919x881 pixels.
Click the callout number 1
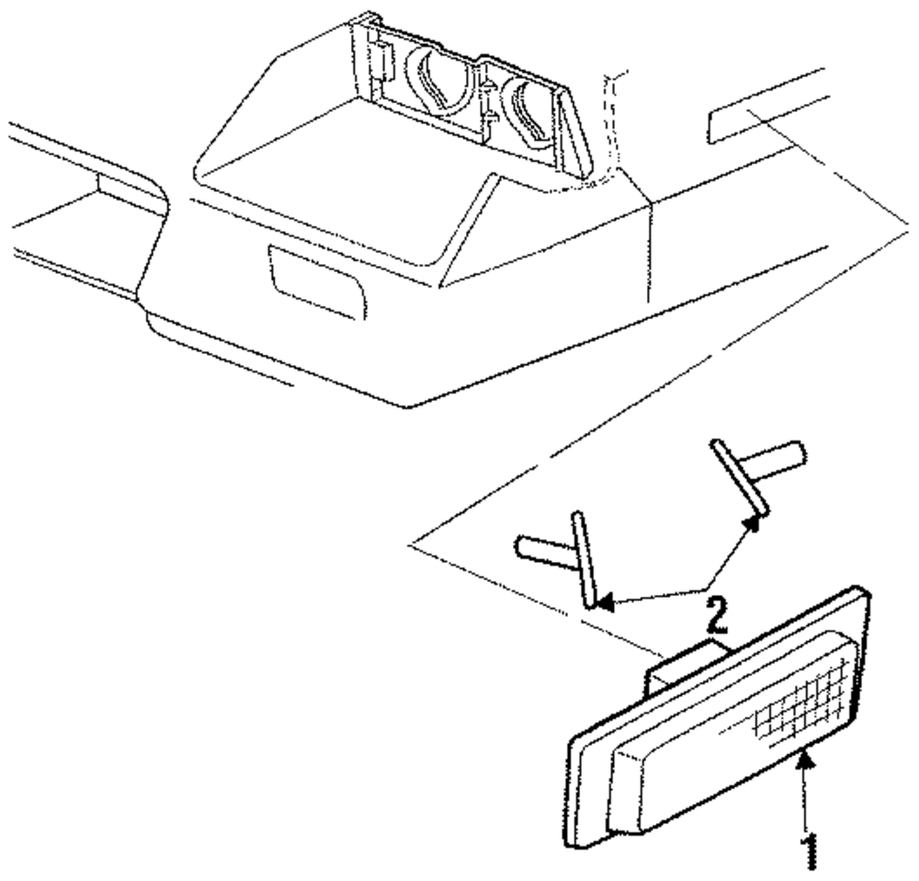pyautogui.click(x=811, y=850)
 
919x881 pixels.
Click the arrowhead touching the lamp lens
pyautogui.click(x=806, y=758)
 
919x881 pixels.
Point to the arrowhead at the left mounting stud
pyautogui.click(x=602, y=603)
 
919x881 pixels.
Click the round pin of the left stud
pyautogui.click(x=542, y=546)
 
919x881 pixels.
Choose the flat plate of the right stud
pyautogui.click(x=740, y=478)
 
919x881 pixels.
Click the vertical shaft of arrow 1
pyautogui.click(x=809, y=800)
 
